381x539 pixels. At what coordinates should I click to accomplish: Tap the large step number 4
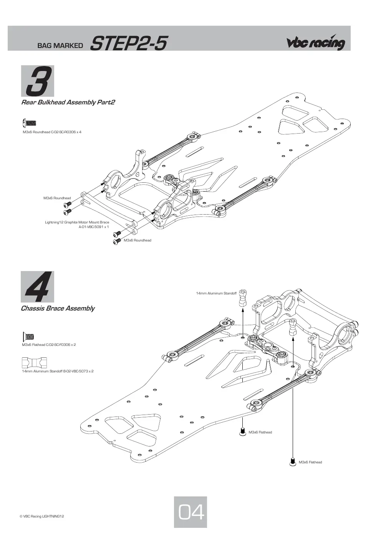click(38, 287)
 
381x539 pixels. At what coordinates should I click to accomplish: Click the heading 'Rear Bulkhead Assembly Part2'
click(68, 102)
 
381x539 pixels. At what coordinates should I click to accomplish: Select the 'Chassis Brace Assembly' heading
click(58, 308)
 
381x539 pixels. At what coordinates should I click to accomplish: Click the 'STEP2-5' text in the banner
click(128, 43)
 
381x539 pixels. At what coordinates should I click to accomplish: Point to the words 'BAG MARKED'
click(60, 46)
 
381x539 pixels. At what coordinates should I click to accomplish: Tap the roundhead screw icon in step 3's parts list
click(29, 123)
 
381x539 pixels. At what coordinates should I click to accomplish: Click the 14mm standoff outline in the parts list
click(34, 363)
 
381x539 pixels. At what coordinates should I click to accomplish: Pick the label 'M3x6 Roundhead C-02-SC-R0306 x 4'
click(52, 132)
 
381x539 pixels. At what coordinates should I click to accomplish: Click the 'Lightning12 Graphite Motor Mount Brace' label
click(77, 222)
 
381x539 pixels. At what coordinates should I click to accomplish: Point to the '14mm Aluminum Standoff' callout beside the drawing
click(216, 293)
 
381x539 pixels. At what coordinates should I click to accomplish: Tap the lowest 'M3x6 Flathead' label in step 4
click(310, 462)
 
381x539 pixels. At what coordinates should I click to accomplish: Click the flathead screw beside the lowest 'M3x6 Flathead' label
click(293, 461)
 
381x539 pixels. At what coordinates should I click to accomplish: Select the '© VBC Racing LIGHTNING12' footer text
click(42, 516)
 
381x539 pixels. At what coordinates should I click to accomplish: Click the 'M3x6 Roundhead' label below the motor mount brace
click(137, 240)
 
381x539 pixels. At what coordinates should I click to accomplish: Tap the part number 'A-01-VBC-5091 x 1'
click(94, 227)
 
